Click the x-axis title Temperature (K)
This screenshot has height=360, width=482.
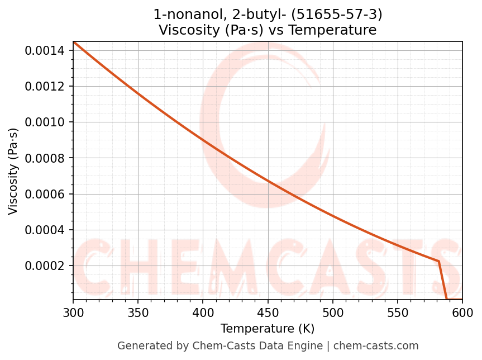[268, 329]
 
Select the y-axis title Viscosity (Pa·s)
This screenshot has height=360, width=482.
[13, 171]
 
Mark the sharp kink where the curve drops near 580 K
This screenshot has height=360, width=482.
[438, 261]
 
